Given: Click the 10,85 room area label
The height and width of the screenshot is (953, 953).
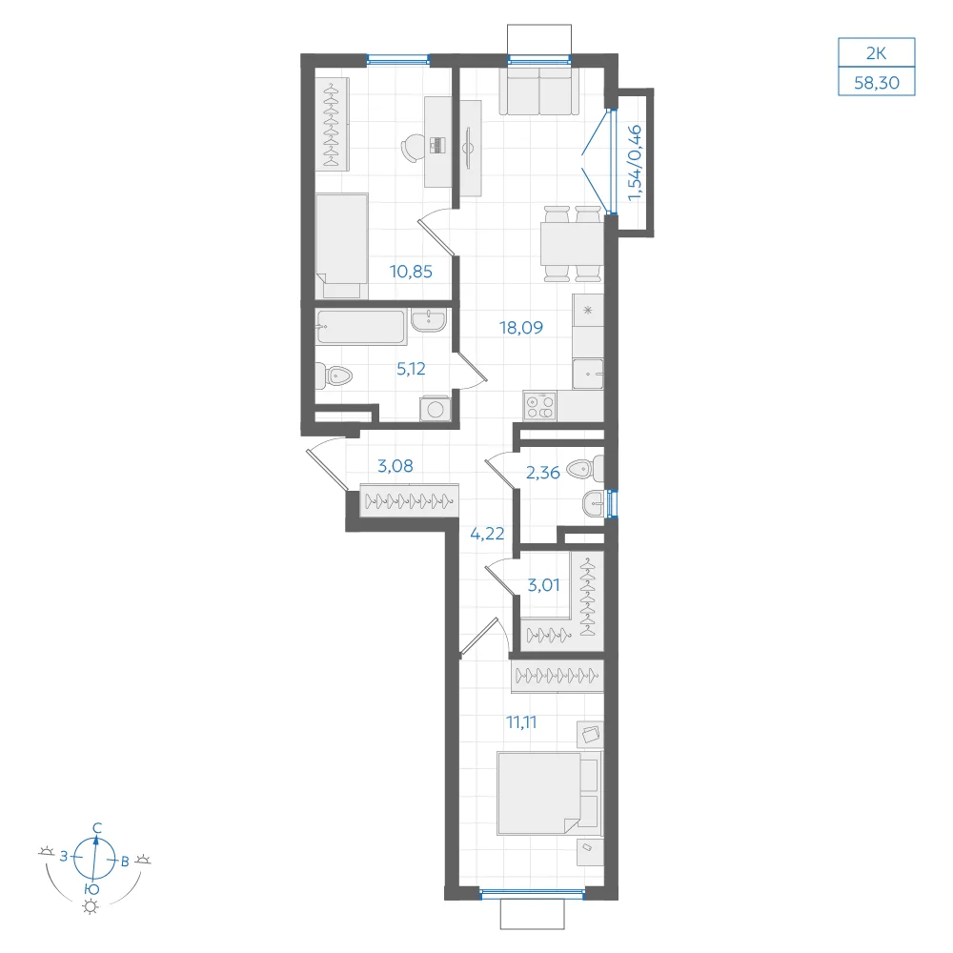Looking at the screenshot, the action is [x=411, y=272].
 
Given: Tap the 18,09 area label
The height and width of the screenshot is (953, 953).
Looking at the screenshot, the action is [x=521, y=328].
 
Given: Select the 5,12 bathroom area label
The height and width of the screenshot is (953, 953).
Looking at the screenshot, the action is [x=411, y=369].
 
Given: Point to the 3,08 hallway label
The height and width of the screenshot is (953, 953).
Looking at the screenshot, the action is [x=395, y=466].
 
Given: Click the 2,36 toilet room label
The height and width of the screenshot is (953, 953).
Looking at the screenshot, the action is [x=543, y=473].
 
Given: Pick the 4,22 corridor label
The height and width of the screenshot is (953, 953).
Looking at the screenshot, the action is [x=487, y=534].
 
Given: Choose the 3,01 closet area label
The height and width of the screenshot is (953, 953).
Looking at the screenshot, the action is [x=543, y=585].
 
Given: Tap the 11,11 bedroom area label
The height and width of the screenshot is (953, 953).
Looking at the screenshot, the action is [x=521, y=722].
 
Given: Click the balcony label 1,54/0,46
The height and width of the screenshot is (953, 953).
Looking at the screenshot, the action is [x=635, y=163].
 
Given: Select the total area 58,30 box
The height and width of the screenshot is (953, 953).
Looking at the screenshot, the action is [x=877, y=81].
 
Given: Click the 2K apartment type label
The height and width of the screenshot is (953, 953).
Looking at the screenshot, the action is [x=877, y=52].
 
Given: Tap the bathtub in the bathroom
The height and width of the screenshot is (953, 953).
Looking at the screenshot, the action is [x=361, y=327].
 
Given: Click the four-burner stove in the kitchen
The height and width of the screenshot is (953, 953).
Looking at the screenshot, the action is [x=539, y=406].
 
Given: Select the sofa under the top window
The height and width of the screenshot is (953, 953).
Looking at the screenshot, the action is [x=539, y=90].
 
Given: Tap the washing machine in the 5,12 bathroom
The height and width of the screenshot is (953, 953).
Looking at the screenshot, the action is [x=435, y=409].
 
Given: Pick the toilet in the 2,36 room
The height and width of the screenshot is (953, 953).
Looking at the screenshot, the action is [x=585, y=469].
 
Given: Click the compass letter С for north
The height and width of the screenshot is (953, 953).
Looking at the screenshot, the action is [x=97, y=828].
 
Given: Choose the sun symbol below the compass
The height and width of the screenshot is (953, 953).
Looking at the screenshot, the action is [x=91, y=907].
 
